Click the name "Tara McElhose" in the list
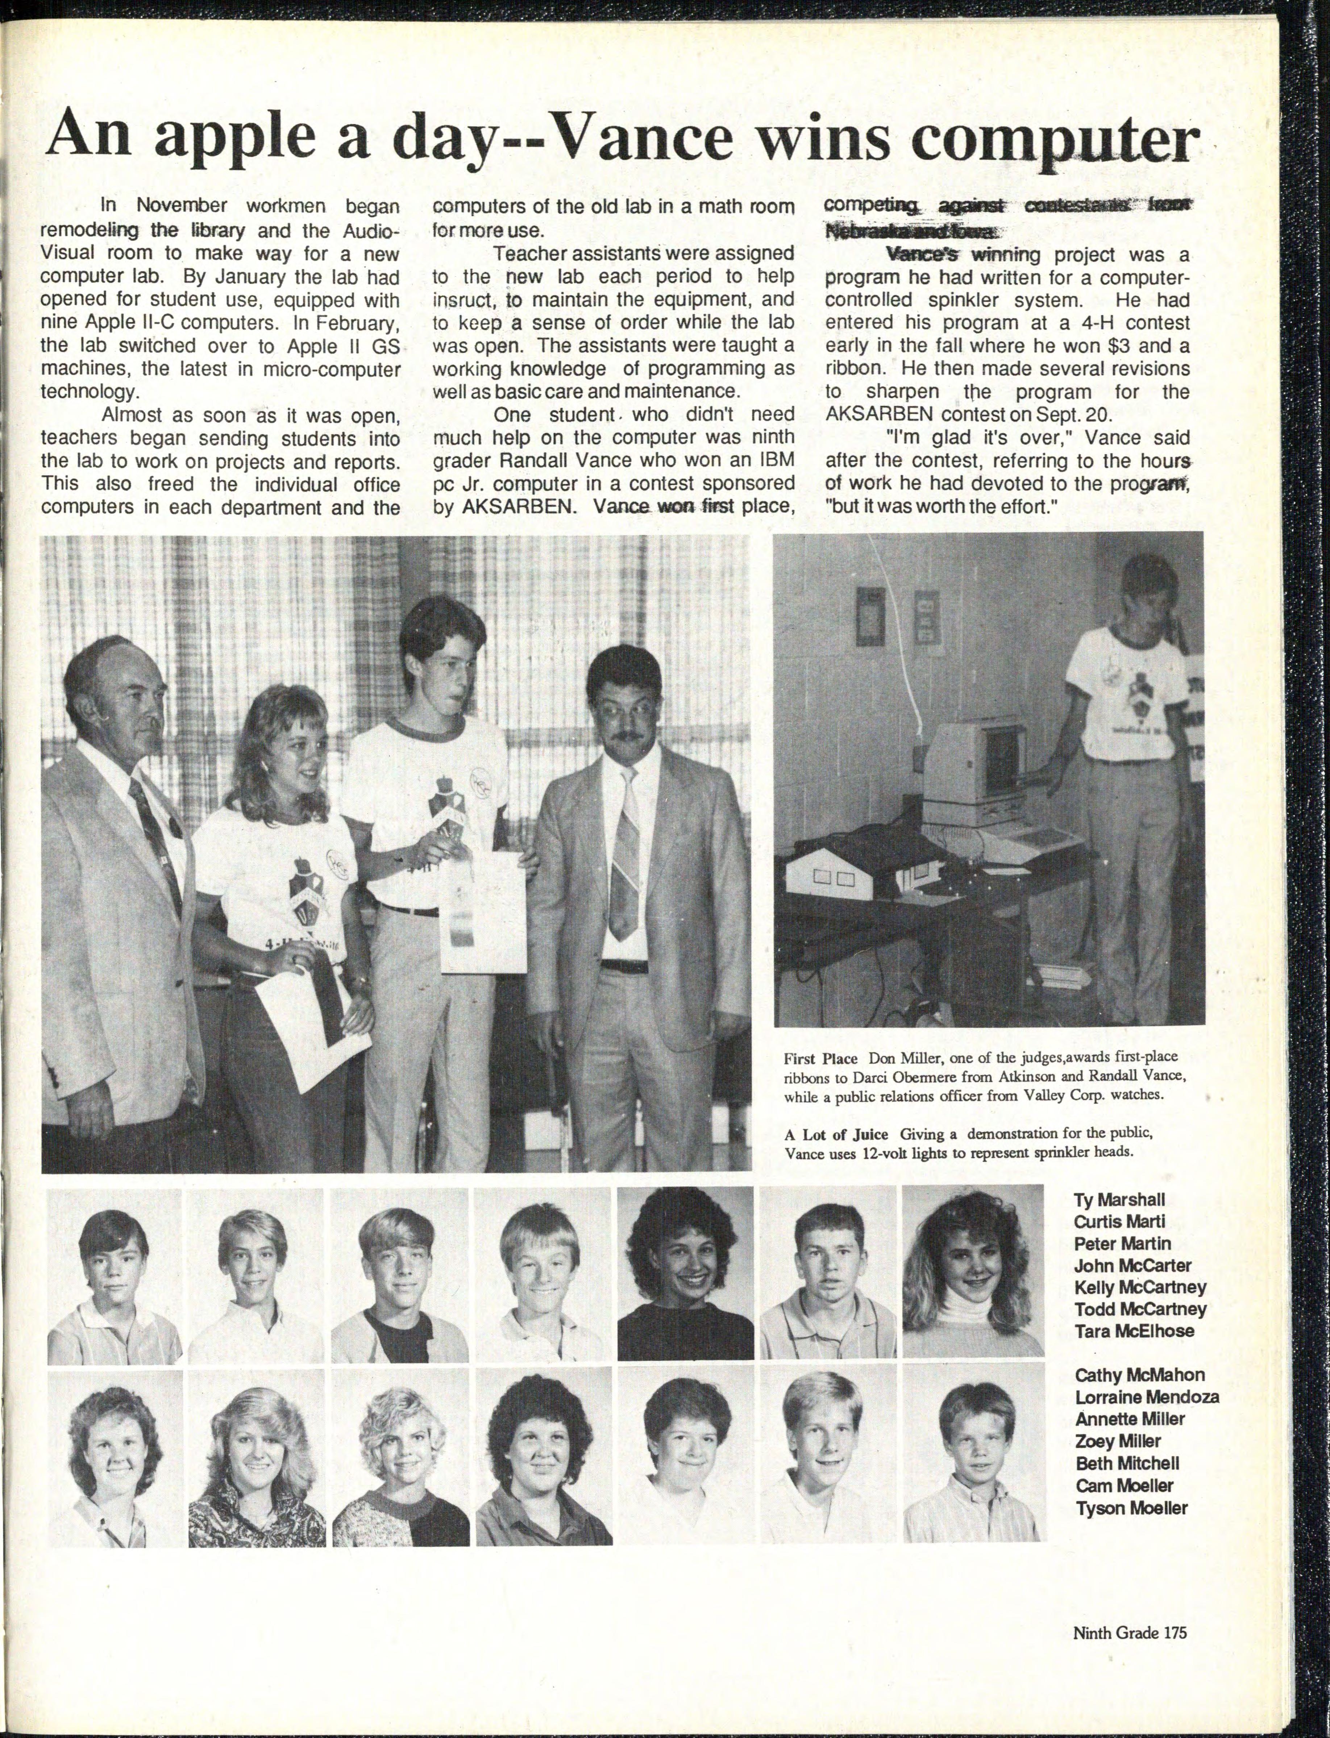click(1134, 1331)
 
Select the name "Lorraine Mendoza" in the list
click(1146, 1398)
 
